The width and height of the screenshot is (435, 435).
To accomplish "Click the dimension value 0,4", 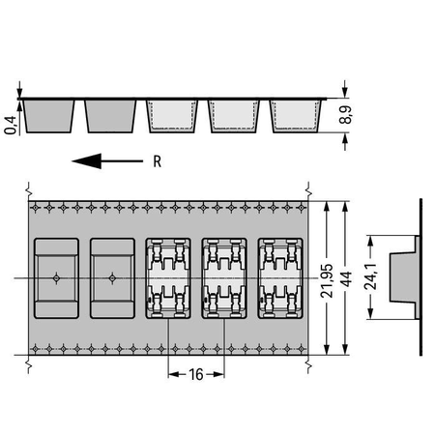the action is (x=10, y=125).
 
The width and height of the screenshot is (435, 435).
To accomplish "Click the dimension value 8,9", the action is (x=345, y=115).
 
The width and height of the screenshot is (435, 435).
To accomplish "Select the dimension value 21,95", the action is (x=327, y=280).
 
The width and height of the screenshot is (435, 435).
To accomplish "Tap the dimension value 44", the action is (x=345, y=279).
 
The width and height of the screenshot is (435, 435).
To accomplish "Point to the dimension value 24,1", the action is (x=370, y=276).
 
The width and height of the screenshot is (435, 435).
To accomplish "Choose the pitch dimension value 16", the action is (x=196, y=374).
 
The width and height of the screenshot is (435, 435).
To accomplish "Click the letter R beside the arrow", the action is (x=158, y=161).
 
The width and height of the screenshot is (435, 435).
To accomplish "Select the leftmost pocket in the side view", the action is (x=48, y=116).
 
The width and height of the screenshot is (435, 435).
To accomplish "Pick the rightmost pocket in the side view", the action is (x=296, y=116).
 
